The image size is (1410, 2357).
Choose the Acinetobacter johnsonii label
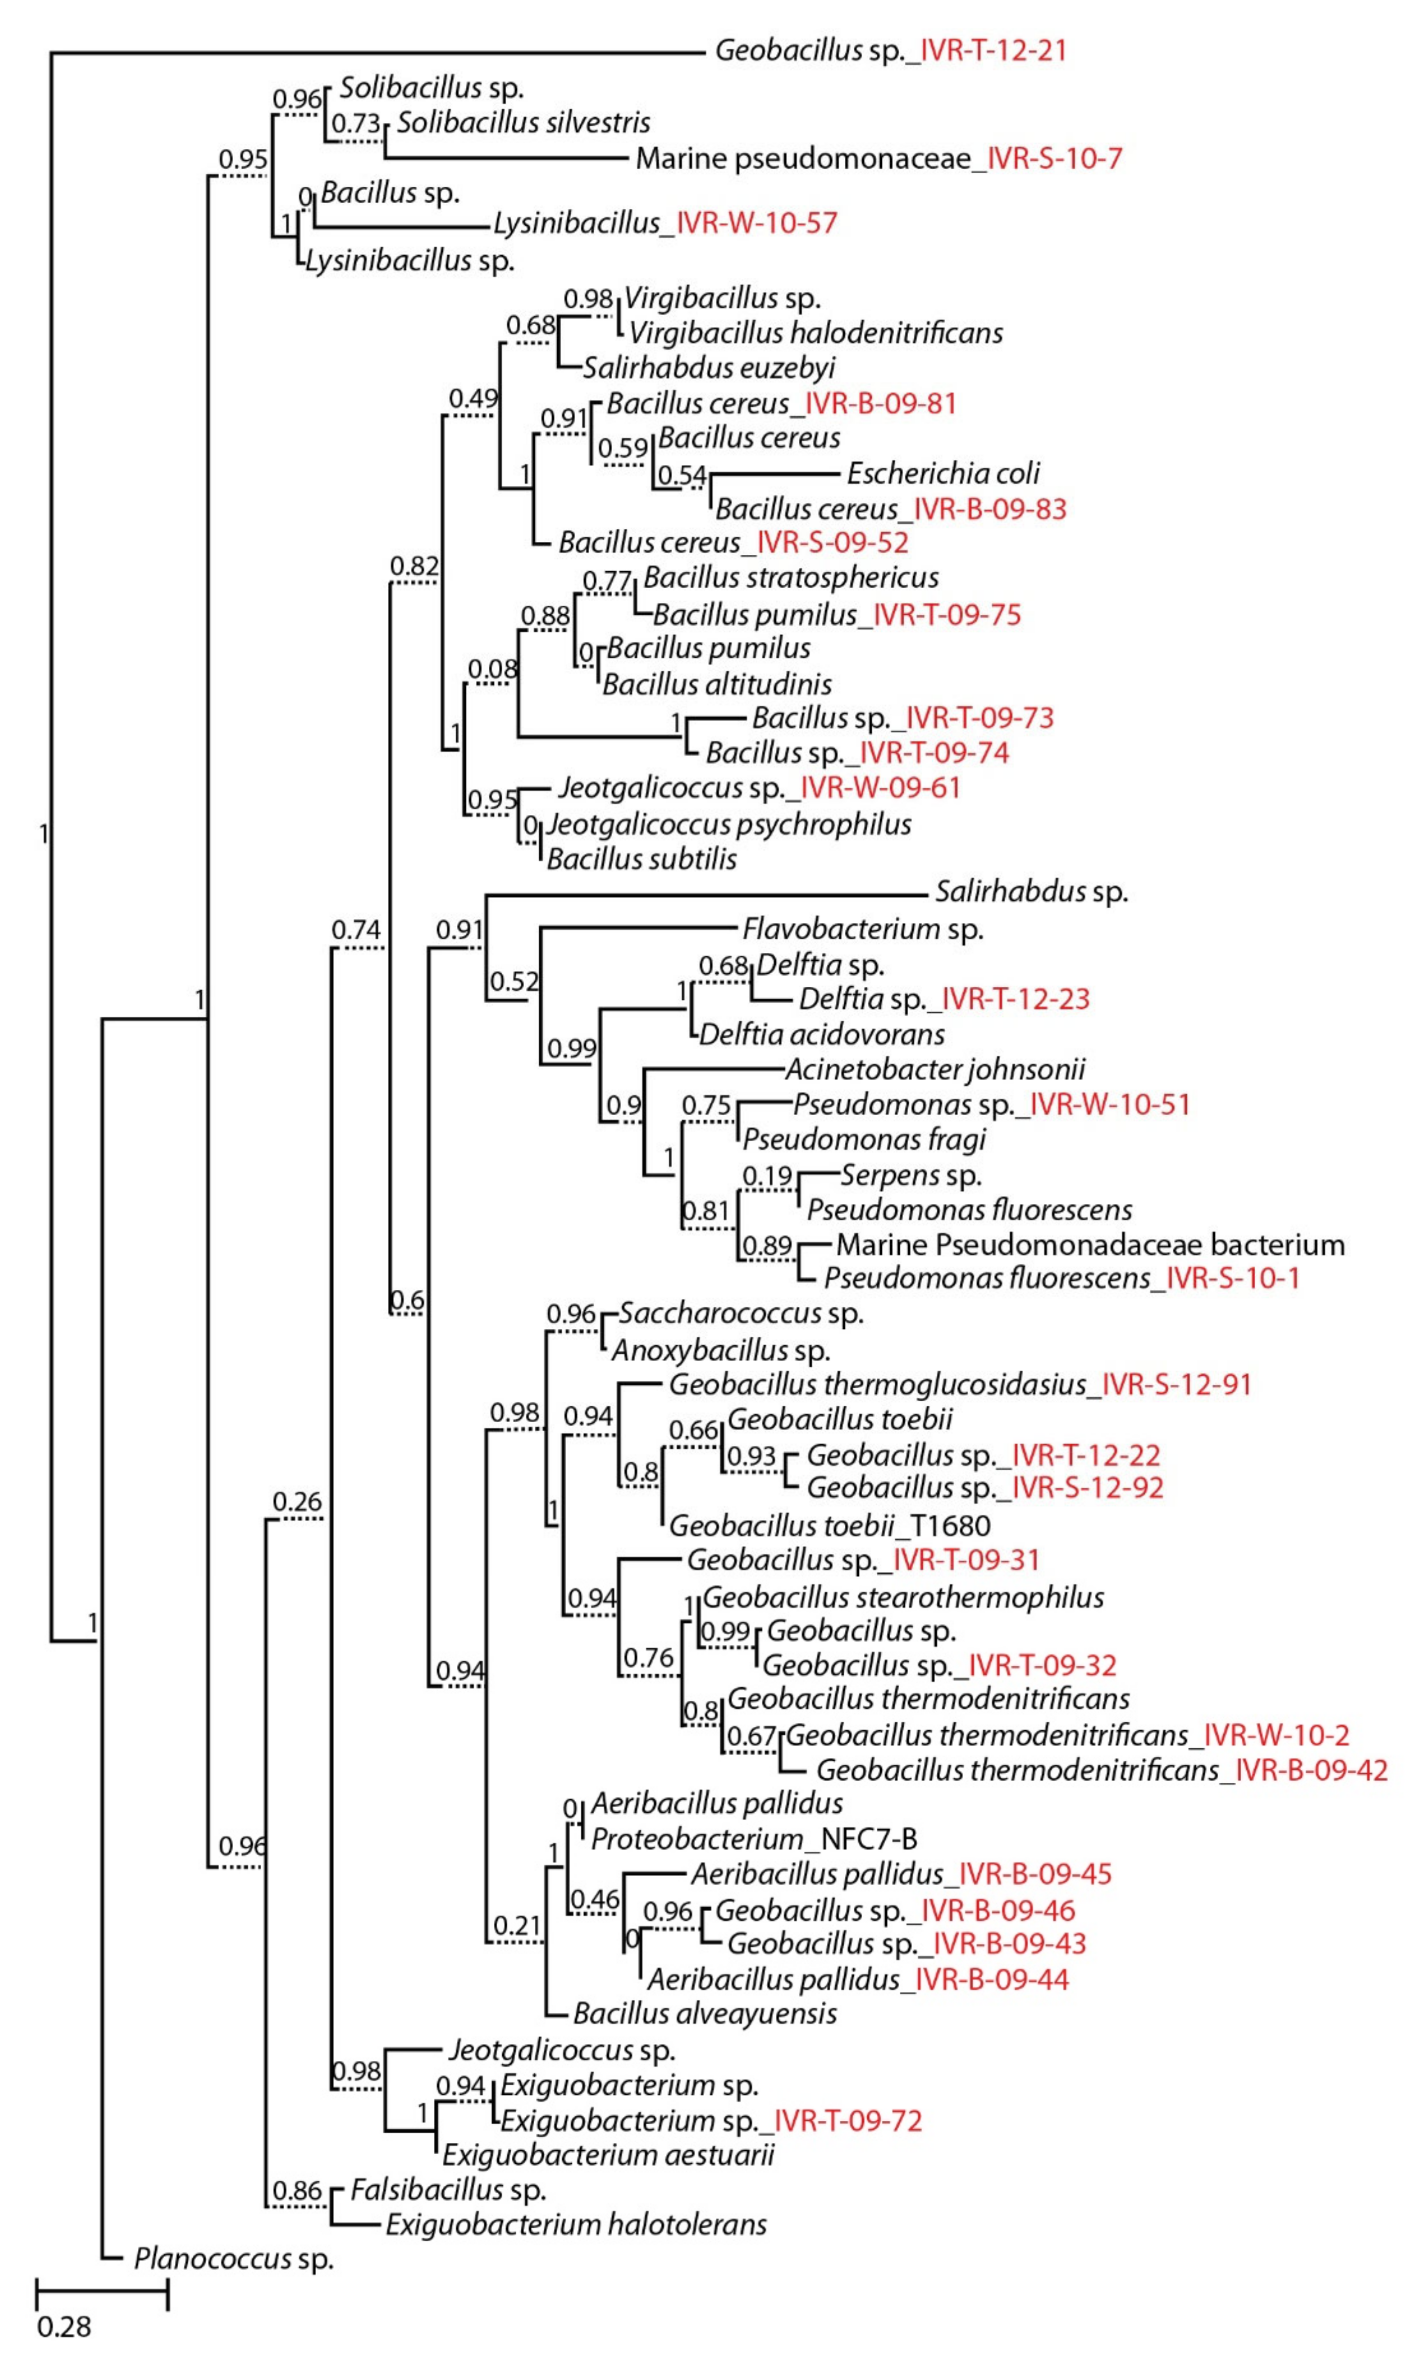pos(935,1070)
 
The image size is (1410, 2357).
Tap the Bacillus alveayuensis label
pos(705,2013)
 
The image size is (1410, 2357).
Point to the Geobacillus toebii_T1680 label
pos(829,1526)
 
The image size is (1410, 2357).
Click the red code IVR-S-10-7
pos(1055,158)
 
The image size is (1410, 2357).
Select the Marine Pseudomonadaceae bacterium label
pos(1090,1244)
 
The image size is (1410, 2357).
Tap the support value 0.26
pos(297,1502)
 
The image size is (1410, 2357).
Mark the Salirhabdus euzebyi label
pos(709,368)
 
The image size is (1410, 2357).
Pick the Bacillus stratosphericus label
pos(790,578)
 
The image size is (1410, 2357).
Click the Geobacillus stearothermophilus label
pos(903,1597)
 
